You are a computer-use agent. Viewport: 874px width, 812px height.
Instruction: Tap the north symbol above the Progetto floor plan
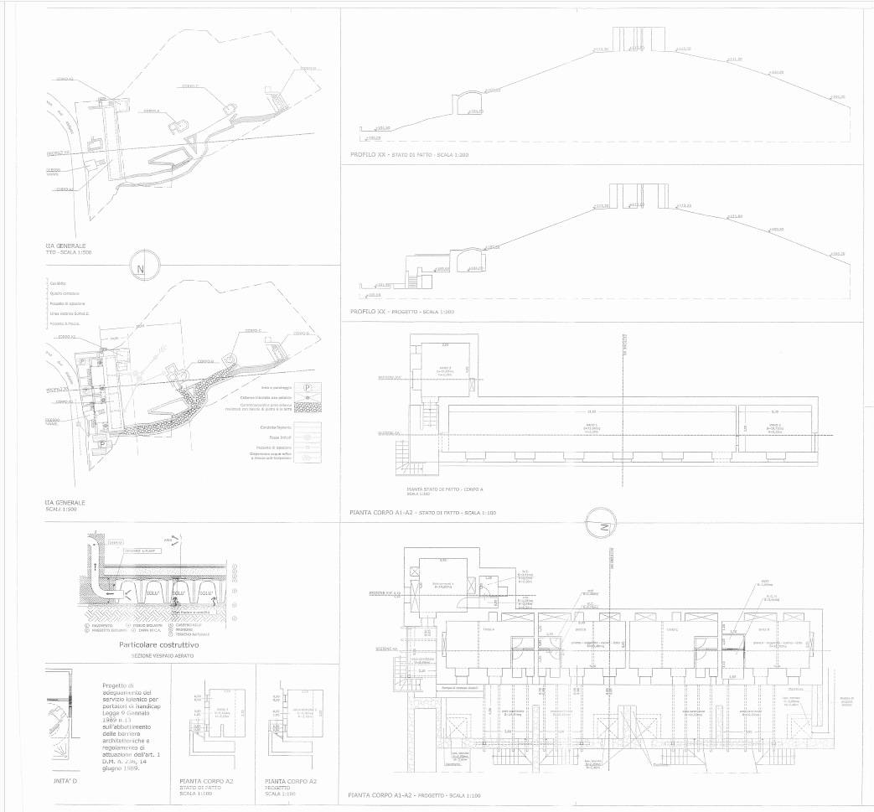(602, 527)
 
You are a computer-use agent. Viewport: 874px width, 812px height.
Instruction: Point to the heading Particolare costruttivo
(158, 645)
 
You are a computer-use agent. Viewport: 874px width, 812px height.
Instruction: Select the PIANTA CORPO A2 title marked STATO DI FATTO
(206, 784)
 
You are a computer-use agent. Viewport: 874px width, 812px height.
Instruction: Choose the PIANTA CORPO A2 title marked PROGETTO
(290, 784)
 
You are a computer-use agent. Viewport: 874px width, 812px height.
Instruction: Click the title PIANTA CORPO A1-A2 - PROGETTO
(415, 794)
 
